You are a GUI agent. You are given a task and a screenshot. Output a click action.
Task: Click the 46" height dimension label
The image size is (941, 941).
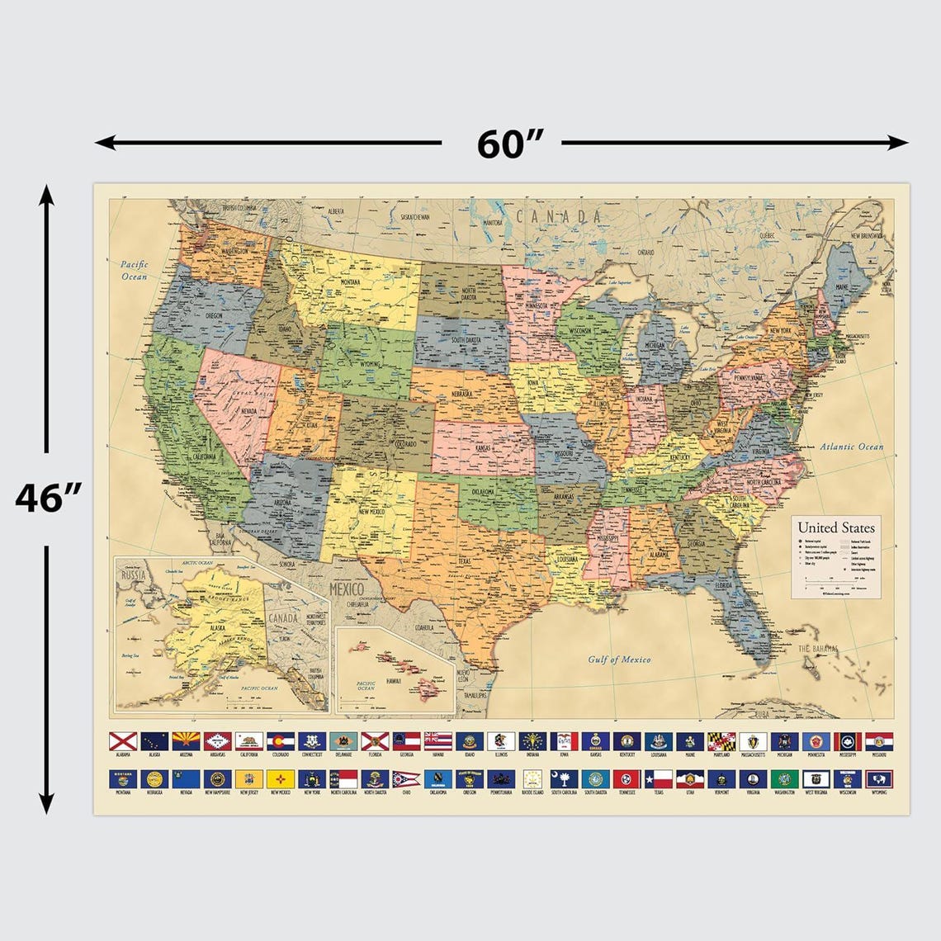pyautogui.click(x=50, y=499)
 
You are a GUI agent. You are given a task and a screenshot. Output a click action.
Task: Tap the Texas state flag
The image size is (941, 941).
pyautogui.click(x=658, y=778)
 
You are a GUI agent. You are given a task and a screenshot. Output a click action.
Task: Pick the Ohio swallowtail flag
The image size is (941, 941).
pyautogui.click(x=405, y=778)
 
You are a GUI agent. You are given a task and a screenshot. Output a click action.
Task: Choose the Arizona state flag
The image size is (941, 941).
pyautogui.click(x=185, y=741)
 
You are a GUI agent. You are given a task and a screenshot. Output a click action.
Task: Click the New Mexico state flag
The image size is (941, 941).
pyautogui.click(x=280, y=778)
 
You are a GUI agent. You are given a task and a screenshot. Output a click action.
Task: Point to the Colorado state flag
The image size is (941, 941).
pyautogui.click(x=280, y=741)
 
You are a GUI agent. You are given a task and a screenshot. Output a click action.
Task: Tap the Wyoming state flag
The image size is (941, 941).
pyautogui.click(x=878, y=778)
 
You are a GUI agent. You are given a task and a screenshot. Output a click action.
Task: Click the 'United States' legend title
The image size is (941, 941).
pyautogui.click(x=835, y=528)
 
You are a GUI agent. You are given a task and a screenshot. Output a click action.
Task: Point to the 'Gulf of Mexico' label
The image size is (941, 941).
pyautogui.click(x=619, y=660)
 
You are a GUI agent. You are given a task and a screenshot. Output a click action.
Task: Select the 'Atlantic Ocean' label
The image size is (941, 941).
pyautogui.click(x=851, y=447)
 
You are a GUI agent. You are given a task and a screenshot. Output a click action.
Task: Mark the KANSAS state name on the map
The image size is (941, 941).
pyautogui.click(x=484, y=448)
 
